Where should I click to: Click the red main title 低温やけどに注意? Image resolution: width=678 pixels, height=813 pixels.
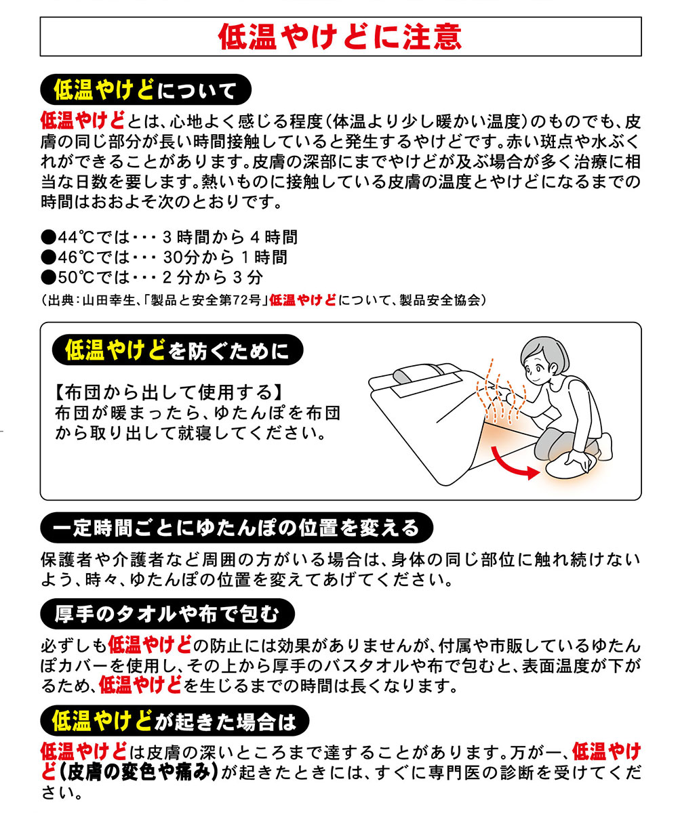click(340, 37)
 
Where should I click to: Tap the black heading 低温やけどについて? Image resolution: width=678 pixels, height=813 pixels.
click(146, 90)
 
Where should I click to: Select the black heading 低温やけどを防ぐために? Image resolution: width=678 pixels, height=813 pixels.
click(177, 350)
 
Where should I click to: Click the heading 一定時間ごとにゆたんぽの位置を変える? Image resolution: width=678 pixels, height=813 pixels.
click(237, 528)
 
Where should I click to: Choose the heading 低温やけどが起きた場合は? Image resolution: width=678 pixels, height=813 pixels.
click(174, 722)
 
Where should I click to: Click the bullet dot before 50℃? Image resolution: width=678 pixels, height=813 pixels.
click(49, 278)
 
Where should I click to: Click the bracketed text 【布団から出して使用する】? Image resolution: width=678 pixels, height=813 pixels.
click(168, 392)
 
